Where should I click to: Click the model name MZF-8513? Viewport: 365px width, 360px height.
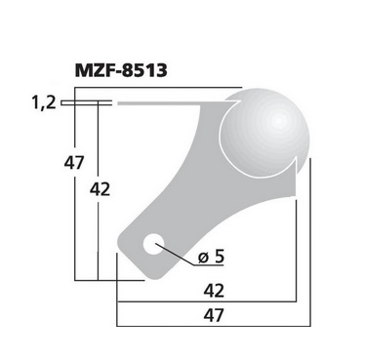tap(121, 70)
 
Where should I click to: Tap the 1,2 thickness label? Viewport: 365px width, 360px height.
tap(44, 103)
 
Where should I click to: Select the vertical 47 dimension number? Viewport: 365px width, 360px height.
tap(74, 163)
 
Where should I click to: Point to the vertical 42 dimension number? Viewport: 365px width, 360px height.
tap(100, 189)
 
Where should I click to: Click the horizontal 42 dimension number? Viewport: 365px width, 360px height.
tap(214, 291)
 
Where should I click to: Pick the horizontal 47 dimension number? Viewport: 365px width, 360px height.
tap(214, 315)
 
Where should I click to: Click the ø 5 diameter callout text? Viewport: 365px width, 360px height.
tap(211, 257)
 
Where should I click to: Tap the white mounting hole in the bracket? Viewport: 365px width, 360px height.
tap(153, 243)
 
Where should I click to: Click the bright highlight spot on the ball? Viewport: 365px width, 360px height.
tap(277, 121)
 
